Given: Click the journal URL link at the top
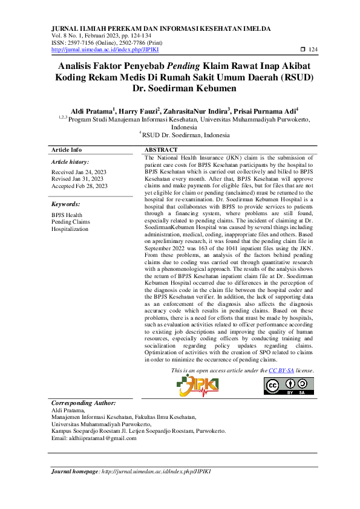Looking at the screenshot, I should (100, 50).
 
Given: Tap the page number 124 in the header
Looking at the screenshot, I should (313, 50).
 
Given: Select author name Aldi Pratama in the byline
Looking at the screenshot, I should (91, 111).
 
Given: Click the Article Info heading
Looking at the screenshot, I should (67, 149).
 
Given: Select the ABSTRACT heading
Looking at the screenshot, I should (161, 149).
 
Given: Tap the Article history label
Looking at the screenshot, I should (70, 162).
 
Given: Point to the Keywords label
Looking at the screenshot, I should (66, 204).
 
